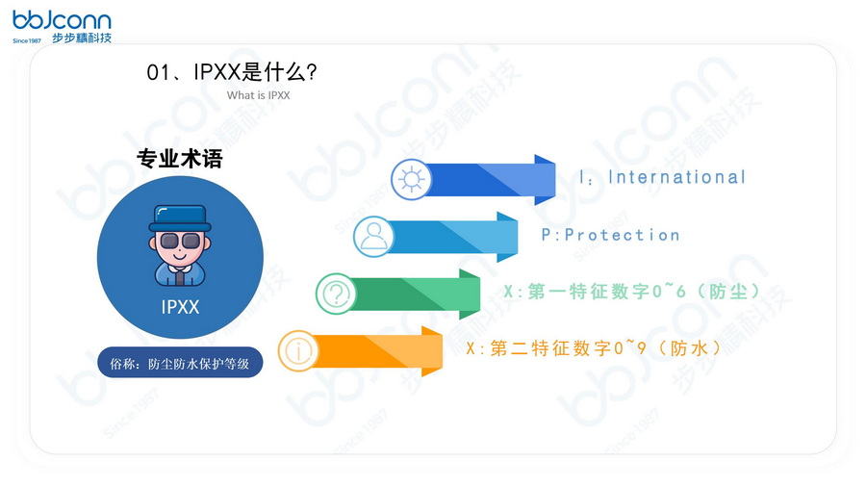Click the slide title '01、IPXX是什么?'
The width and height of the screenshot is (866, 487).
[232, 72]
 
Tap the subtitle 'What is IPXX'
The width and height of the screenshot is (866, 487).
[258, 95]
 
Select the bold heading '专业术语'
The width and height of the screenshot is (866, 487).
[179, 159]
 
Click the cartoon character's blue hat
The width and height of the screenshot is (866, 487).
[180, 218]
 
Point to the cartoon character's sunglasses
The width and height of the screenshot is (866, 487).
[180, 241]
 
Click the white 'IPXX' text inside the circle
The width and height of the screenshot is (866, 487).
[180, 307]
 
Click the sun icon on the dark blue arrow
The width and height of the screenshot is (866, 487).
[411, 180]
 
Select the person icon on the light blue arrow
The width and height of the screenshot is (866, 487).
[373, 236]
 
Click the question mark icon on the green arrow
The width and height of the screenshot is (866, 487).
[336, 294]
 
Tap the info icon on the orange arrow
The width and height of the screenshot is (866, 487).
[298, 350]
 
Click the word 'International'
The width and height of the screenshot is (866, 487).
[676, 177]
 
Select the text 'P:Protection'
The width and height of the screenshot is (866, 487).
[610, 235]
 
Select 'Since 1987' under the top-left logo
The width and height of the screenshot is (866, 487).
[27, 41]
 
